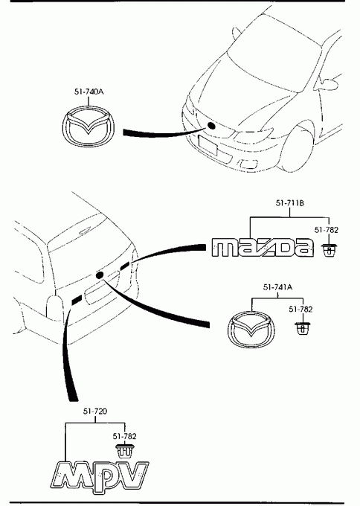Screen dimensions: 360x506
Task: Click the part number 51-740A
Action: point(89,92)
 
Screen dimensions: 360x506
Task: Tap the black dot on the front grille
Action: point(211,126)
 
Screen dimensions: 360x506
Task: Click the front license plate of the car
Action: point(208,144)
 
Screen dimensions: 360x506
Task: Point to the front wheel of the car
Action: point(297,148)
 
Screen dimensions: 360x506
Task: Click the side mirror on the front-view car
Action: point(328,83)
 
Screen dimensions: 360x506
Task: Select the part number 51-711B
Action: point(289,203)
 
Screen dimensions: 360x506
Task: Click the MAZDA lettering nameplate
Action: point(263,248)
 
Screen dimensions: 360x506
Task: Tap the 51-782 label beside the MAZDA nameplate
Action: point(327,230)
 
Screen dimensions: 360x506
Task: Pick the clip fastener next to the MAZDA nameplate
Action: point(329,250)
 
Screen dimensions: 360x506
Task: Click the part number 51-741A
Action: point(277,287)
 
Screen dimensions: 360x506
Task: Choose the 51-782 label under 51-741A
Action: point(300,309)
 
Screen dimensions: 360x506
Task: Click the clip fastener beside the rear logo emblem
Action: point(303,329)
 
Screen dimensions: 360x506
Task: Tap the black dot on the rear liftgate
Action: point(100,275)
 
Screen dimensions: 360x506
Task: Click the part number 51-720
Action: point(95,411)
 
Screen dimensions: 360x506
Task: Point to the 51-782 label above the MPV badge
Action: point(124,436)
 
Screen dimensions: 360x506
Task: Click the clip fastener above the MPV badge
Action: point(124,451)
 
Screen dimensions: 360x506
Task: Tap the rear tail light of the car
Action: point(54,307)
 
